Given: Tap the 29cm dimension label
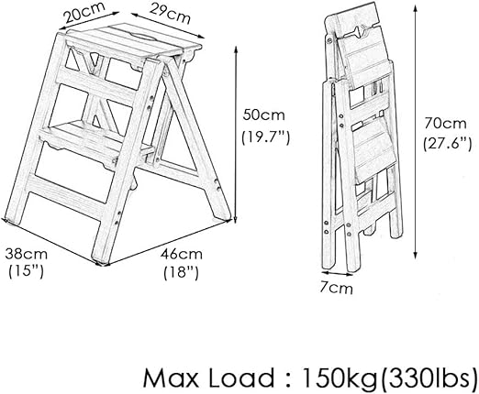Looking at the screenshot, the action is (x=170, y=14).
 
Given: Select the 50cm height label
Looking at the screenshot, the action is (x=263, y=115).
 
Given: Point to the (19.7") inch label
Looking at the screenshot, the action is (x=265, y=138).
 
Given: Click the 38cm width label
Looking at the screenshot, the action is (x=27, y=254).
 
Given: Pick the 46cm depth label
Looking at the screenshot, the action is (x=182, y=254).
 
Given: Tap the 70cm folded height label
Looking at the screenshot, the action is (x=445, y=124).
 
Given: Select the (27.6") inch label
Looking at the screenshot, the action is (x=447, y=143).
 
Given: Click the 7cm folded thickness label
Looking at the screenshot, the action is (x=337, y=288).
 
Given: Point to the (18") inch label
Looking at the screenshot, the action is (x=182, y=272).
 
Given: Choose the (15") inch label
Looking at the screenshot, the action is (x=27, y=271).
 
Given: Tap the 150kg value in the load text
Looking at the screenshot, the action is (x=339, y=378).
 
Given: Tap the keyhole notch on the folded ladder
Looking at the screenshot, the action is (x=359, y=31).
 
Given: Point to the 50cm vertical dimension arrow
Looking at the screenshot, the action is (x=236, y=135).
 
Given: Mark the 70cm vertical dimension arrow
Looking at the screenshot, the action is (x=415, y=131).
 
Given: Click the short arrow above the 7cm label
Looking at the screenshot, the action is (x=337, y=273).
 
